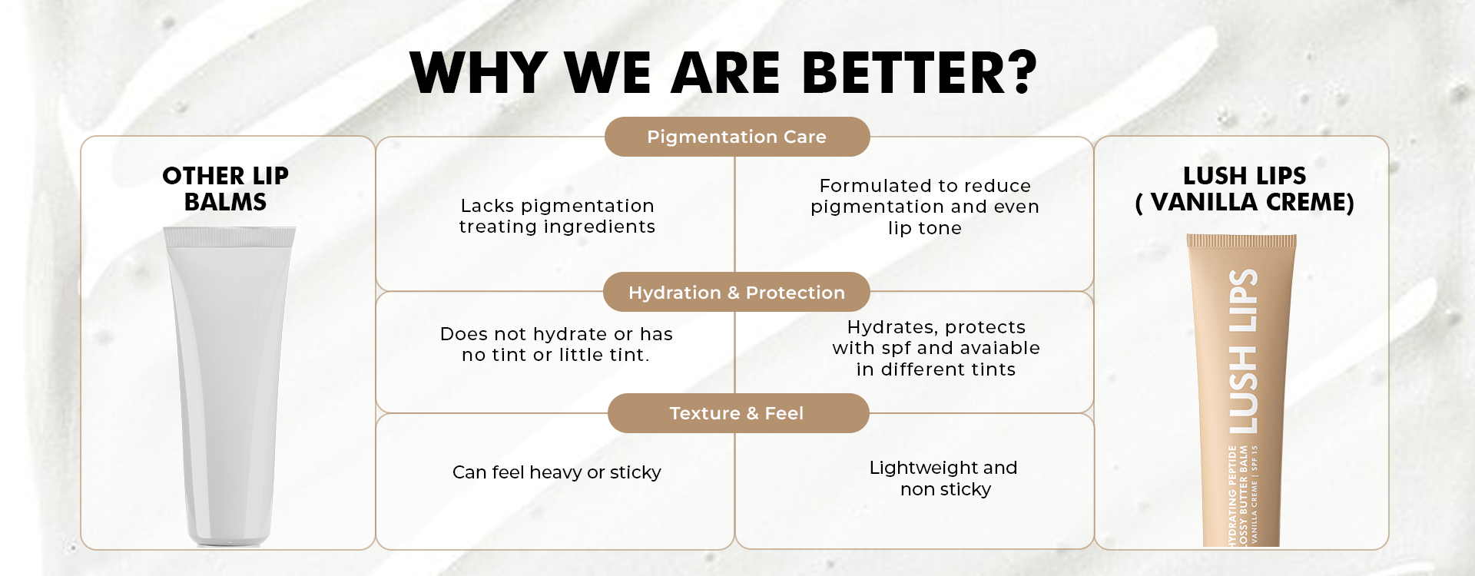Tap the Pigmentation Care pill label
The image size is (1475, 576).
click(x=737, y=137)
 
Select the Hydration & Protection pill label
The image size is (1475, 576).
click(x=737, y=292)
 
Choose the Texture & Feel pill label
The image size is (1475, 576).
click(x=738, y=413)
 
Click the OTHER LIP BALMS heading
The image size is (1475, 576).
click(x=225, y=189)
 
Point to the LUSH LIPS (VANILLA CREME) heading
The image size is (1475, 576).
click(x=1245, y=189)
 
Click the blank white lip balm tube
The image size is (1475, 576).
click(x=228, y=386)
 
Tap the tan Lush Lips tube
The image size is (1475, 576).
click(x=1241, y=390)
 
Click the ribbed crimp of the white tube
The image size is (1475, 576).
click(x=229, y=237)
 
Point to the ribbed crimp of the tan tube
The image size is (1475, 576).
click(x=1241, y=241)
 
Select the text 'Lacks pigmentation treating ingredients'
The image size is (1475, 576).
click(x=557, y=217)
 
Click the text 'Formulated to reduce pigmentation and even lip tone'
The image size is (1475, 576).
click(x=925, y=207)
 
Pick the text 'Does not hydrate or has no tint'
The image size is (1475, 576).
click(x=556, y=344)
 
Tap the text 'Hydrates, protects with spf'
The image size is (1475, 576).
click(x=936, y=338)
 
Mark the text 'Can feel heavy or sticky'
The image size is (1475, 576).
click(x=556, y=472)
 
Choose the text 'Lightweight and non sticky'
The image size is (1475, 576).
click(x=944, y=478)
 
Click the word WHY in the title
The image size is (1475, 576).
click(x=478, y=73)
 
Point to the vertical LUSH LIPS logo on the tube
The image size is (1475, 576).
click(x=1243, y=352)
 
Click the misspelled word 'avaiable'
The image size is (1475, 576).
click(x=999, y=348)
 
